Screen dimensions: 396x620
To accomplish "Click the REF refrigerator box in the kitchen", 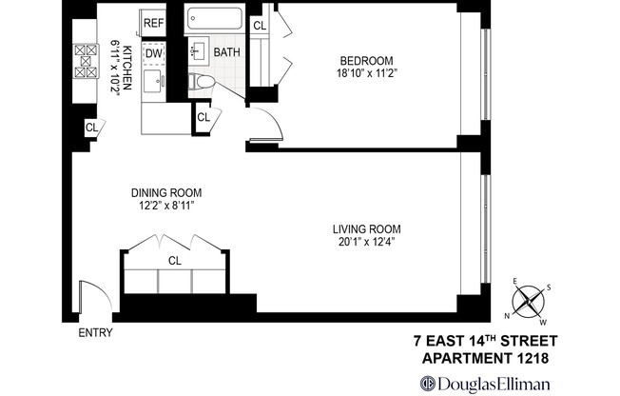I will [153, 23].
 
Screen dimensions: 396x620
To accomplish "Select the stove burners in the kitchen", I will [85, 63].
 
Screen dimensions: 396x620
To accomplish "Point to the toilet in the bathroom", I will [200, 84].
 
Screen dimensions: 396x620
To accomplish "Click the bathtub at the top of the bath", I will [214, 20].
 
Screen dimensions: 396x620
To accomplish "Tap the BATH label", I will [227, 52].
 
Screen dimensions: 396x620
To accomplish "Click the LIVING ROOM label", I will [366, 229].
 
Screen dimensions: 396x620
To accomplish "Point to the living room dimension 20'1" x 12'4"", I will [366, 243].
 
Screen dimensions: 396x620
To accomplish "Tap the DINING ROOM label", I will [167, 191].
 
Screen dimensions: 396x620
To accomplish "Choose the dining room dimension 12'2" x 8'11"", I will [167, 205].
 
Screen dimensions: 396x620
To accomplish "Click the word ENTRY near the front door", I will [95, 333].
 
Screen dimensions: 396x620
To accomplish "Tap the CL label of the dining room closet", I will [175, 259].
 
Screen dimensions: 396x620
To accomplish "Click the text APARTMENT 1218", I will [485, 358].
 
